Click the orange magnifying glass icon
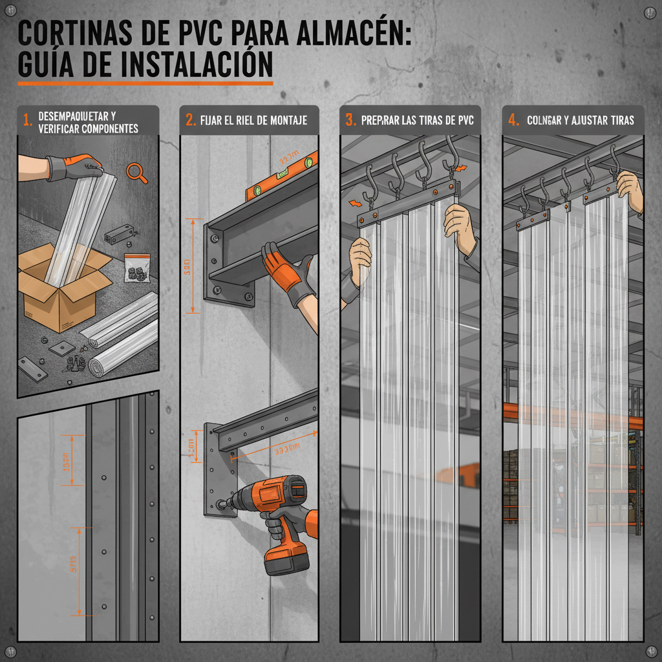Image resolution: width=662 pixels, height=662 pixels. pyautogui.click(x=134, y=171)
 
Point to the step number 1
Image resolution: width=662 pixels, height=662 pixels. pyautogui.click(x=27, y=120)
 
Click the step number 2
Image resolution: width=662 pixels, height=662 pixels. pyautogui.click(x=190, y=120)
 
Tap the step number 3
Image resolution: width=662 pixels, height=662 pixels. pyautogui.click(x=350, y=120)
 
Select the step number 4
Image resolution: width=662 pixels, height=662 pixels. pyautogui.click(x=513, y=120)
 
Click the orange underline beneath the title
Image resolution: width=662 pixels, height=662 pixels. pyautogui.click(x=145, y=83)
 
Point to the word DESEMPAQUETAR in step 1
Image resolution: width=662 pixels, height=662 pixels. pyautogui.click(x=76, y=116)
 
